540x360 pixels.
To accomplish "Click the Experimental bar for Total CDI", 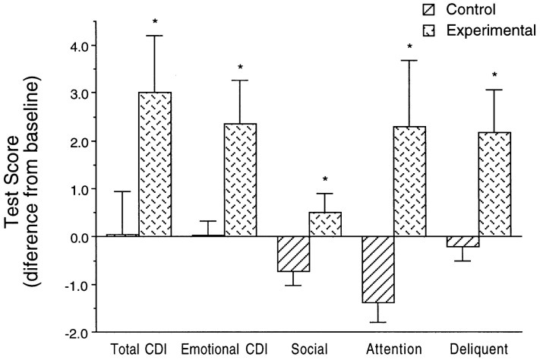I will pos(155,164).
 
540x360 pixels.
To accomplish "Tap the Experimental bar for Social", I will pos(325,224).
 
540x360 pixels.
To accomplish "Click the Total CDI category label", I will pos(139,350).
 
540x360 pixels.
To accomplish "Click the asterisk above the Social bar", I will pos(325,179).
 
